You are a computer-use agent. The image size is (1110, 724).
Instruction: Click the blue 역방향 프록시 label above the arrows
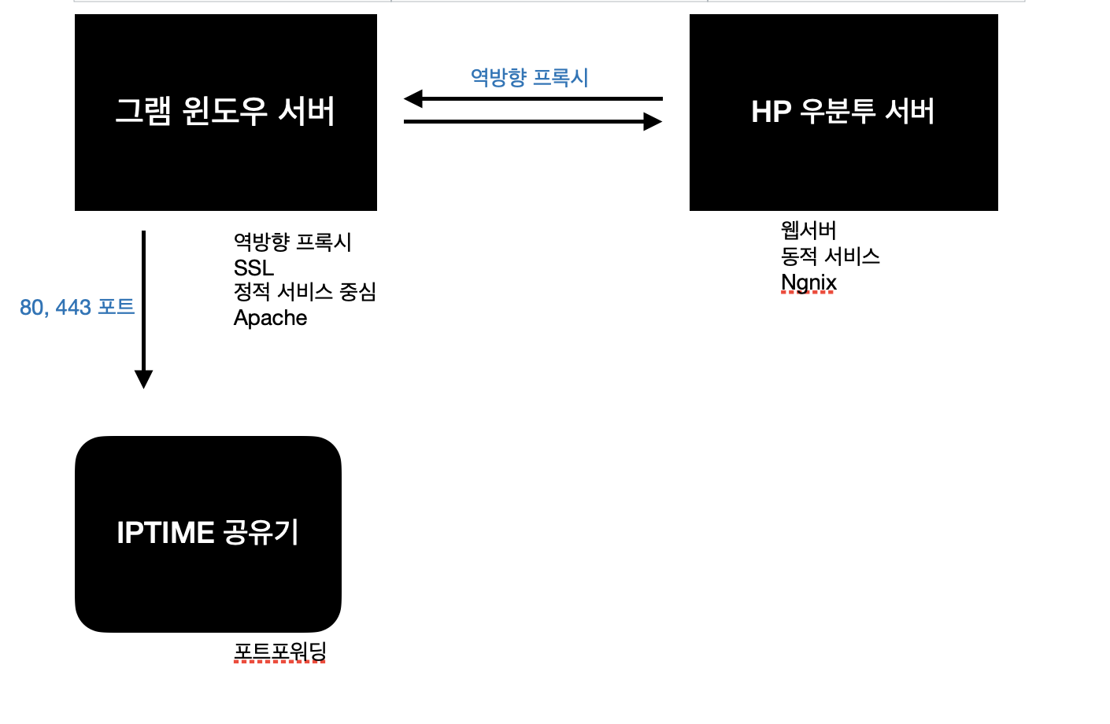529,77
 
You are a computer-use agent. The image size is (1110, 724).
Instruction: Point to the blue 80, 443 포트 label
76,307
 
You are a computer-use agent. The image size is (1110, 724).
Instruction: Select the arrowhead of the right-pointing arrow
653,121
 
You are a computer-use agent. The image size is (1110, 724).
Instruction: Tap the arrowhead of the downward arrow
143,379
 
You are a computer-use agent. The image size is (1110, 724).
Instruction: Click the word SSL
253,268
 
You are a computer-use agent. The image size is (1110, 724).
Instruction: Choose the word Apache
270,318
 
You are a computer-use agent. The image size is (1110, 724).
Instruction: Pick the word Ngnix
808,283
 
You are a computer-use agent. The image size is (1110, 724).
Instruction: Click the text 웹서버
808,230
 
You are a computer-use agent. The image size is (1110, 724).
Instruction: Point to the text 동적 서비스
830,256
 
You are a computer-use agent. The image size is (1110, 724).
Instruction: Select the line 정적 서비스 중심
305,292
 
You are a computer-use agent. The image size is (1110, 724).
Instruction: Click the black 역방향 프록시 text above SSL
292,242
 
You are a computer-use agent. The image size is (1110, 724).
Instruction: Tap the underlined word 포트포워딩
280,652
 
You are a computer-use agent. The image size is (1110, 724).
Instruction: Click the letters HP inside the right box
771,112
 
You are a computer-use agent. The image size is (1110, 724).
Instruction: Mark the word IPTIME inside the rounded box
165,533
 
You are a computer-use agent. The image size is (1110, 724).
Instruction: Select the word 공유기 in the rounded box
261,533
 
